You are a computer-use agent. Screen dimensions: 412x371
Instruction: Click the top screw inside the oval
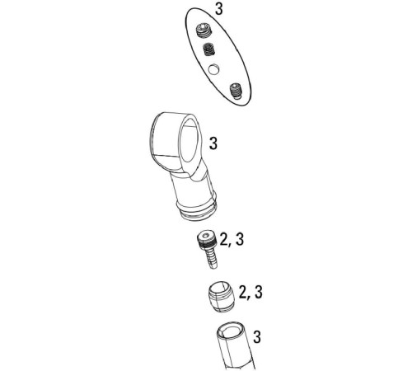[x=204, y=31]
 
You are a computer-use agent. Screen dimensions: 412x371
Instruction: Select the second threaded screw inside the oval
[x=208, y=49]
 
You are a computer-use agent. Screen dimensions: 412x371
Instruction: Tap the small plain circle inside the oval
[x=213, y=69]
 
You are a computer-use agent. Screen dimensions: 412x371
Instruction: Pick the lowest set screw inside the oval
[x=236, y=91]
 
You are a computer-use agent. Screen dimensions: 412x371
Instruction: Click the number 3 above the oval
[x=219, y=8]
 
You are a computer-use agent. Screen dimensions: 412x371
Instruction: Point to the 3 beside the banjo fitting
[x=213, y=143]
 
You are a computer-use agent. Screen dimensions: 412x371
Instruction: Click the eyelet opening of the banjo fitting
[x=189, y=140]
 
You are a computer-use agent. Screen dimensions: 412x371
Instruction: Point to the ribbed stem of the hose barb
[x=212, y=258]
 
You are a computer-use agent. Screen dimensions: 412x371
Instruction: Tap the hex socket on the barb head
[x=206, y=236]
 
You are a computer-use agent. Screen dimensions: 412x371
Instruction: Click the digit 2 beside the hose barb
[x=224, y=239]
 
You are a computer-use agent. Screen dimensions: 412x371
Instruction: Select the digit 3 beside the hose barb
[x=240, y=239]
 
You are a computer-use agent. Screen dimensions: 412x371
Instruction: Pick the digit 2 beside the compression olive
[x=243, y=292]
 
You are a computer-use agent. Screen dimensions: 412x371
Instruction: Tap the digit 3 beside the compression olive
[x=259, y=292]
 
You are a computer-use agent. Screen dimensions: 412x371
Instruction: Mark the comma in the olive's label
[x=250, y=298]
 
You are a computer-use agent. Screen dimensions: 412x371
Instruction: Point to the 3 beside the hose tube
[x=257, y=337]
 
